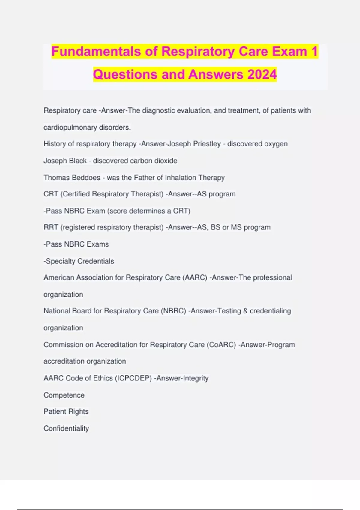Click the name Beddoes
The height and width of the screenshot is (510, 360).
(87, 178)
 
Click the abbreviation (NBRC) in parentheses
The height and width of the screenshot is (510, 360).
(174, 311)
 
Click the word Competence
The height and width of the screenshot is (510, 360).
(64, 395)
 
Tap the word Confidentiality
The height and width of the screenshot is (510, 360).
(66, 428)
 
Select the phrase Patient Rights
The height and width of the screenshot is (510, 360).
(66, 411)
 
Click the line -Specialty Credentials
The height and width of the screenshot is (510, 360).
(79, 261)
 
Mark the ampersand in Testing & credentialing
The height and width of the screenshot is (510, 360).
(245, 311)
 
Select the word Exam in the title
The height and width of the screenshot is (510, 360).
(289, 51)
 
